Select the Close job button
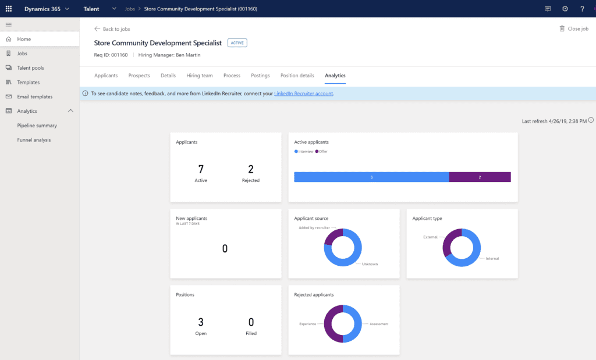click(574, 28)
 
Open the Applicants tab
click(106, 76)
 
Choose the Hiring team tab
click(200, 76)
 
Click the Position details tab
click(297, 76)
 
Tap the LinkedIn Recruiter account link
click(304, 94)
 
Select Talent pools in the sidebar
click(30, 68)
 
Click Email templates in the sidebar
click(35, 97)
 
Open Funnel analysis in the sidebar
click(34, 140)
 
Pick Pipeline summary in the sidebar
click(37, 126)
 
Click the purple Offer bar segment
click(480, 177)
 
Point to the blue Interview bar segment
click(371, 177)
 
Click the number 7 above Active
click(201, 169)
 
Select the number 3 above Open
click(201, 322)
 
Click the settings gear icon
click(565, 9)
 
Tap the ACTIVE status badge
click(237, 43)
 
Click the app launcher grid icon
click(9, 9)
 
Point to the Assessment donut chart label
click(379, 324)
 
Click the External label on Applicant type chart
click(430, 237)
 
